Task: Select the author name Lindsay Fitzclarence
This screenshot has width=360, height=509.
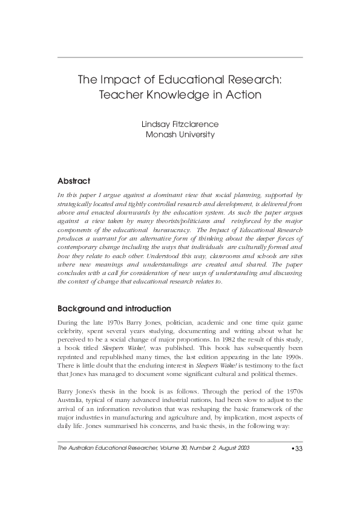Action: click(x=180, y=125)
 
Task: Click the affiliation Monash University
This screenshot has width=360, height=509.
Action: click(x=180, y=135)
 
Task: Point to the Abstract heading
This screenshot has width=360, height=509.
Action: click(x=74, y=181)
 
